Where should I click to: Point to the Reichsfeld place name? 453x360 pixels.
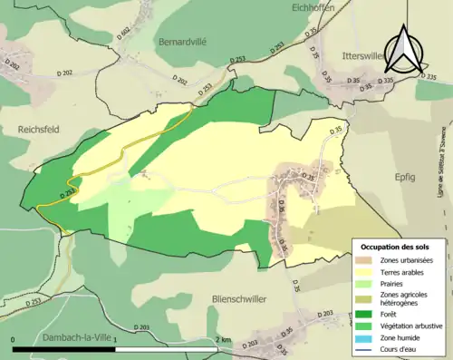coord(38,130)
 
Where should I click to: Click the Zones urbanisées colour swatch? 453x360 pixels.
coord(366,260)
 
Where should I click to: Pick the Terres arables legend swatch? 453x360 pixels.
coord(366,271)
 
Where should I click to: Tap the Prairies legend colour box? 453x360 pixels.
coord(366,283)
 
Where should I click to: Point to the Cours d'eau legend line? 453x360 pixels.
coord(366,345)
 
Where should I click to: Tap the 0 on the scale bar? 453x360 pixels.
coord(14,339)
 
